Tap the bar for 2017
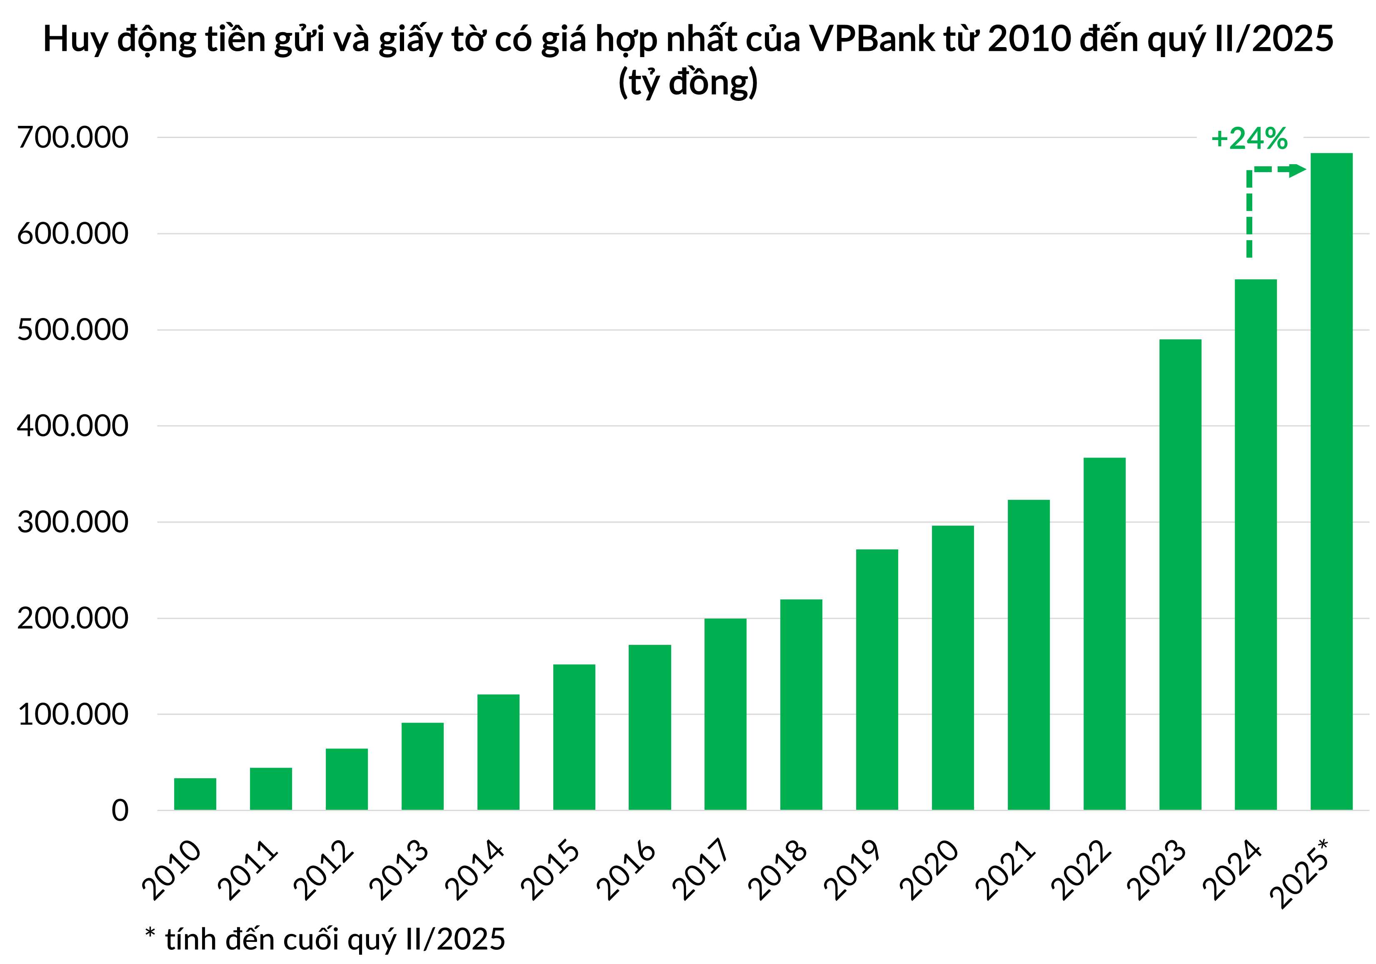click(725, 714)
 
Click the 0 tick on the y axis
click(120, 811)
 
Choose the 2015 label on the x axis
click(550, 869)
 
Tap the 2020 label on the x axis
click(929, 869)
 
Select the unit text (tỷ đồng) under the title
click(688, 83)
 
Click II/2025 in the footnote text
click(455, 939)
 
